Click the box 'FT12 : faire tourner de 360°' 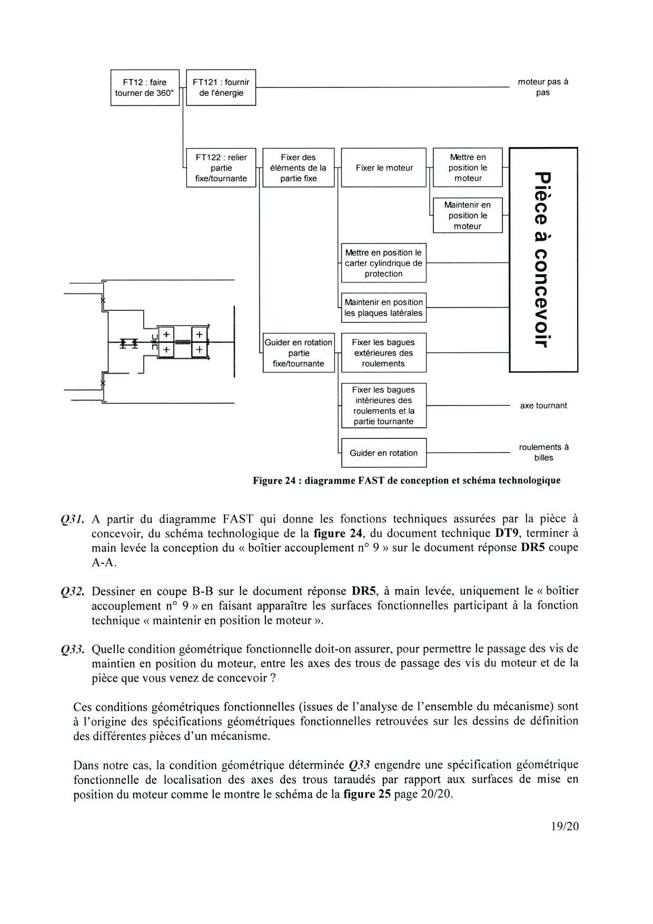coord(145,87)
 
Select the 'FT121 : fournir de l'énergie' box coord(221,87)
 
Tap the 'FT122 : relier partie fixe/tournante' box coord(221,168)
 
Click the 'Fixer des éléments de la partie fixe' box coord(298,168)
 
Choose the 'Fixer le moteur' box coord(383,168)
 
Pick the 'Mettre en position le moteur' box coord(468,168)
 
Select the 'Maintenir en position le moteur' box coord(468,215)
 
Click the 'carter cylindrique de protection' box coord(383,263)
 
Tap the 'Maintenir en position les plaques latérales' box coord(383,308)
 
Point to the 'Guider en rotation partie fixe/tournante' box coord(298,353)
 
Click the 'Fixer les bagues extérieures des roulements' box coord(383,353)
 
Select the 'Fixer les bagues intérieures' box coord(383,405)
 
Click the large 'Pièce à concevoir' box coord(543,260)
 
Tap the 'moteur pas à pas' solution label coord(543,87)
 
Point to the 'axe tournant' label coord(543,406)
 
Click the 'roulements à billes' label coord(543,452)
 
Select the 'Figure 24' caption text coord(407,480)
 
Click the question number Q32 coord(73,592)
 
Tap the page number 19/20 coord(565,826)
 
